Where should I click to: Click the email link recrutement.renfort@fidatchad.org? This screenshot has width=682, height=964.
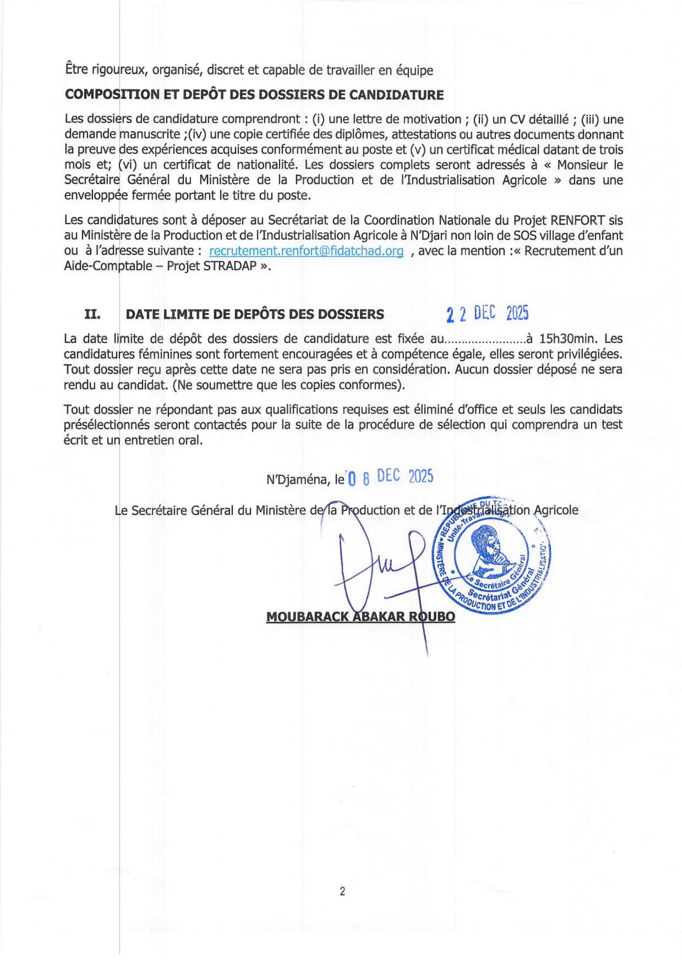pyautogui.click(x=306, y=251)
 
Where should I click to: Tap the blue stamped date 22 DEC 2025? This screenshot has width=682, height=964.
pyautogui.click(x=487, y=314)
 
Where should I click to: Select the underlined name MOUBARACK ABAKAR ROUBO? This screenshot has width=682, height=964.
pyautogui.click(x=361, y=617)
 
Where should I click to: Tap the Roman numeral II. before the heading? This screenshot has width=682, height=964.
pyautogui.click(x=92, y=314)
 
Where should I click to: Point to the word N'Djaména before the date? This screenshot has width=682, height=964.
pyautogui.click(x=297, y=479)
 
